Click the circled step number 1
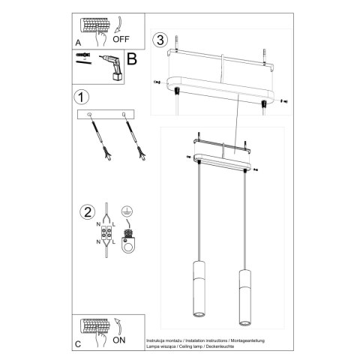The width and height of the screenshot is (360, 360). point(82,97)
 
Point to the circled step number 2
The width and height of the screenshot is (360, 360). point(88,211)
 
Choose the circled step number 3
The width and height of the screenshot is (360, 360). point(159,39)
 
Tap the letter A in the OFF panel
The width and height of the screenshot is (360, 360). point(79,42)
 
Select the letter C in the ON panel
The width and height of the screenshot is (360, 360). point(79,345)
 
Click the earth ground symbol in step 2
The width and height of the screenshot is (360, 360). point(127,212)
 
